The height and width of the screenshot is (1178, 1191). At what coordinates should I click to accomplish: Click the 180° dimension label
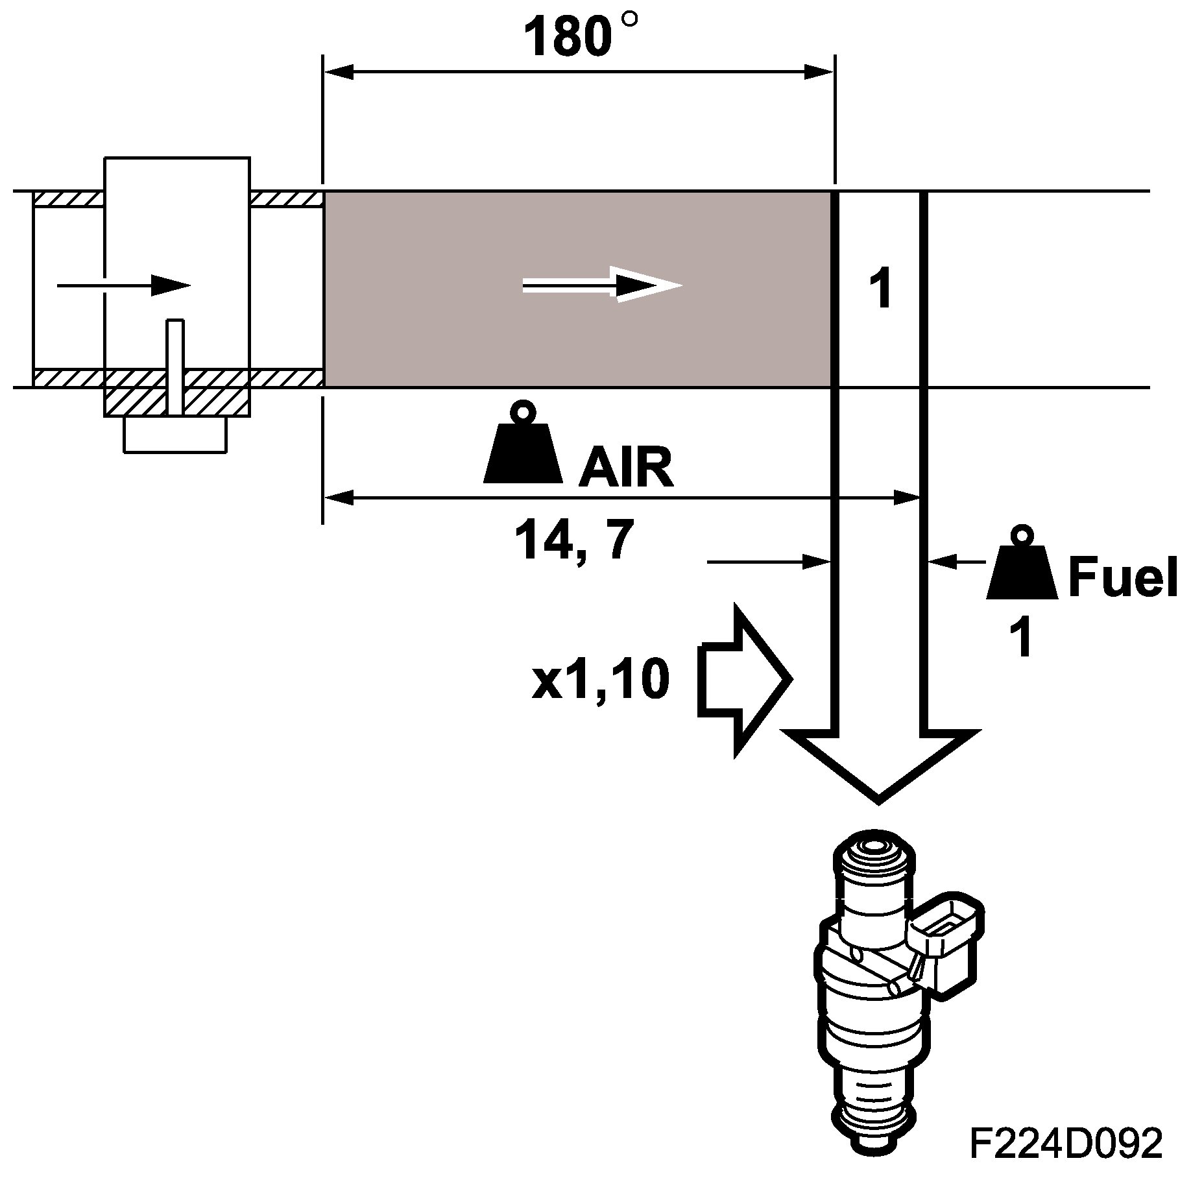pos(577,37)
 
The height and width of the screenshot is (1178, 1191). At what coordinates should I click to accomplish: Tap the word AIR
pos(626,468)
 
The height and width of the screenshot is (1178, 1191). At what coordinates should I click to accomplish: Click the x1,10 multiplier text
pos(600,680)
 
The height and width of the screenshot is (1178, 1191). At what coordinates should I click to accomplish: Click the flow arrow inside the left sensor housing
pos(123,285)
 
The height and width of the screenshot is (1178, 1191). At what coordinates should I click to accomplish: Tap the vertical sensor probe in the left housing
pos(174,367)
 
